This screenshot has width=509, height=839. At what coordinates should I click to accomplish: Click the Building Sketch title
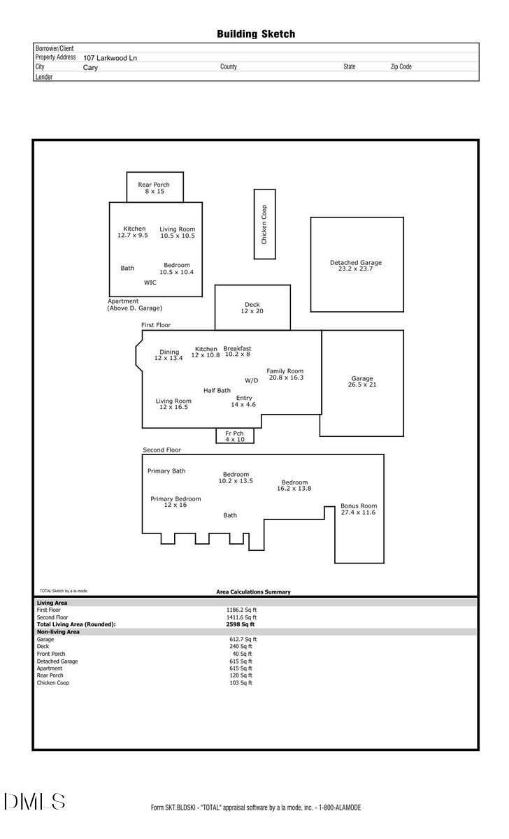point(255,34)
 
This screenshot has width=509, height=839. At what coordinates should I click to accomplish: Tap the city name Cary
point(91,68)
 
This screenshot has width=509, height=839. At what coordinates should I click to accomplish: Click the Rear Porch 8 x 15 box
point(155,187)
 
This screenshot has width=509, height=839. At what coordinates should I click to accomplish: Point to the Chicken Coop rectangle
point(264,224)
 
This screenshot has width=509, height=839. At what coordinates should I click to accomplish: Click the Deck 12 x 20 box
point(252,308)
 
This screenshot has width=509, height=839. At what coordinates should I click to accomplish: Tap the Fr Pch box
point(234,436)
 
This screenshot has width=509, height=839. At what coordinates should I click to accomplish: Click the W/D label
point(251,380)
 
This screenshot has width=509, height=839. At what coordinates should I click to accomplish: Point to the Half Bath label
point(217,390)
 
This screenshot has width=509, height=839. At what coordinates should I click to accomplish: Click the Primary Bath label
point(166,471)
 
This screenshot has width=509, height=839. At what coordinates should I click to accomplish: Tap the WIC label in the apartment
point(150,282)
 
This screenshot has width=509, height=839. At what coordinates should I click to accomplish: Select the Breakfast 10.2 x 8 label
point(237,351)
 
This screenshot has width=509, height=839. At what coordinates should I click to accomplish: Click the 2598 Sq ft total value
point(240,624)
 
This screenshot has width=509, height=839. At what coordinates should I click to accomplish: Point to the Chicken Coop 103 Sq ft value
point(241,682)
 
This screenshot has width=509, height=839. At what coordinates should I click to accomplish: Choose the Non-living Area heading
point(58,631)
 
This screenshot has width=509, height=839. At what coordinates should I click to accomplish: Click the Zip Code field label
point(401,67)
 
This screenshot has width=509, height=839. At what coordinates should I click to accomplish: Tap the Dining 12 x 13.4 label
point(169,355)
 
